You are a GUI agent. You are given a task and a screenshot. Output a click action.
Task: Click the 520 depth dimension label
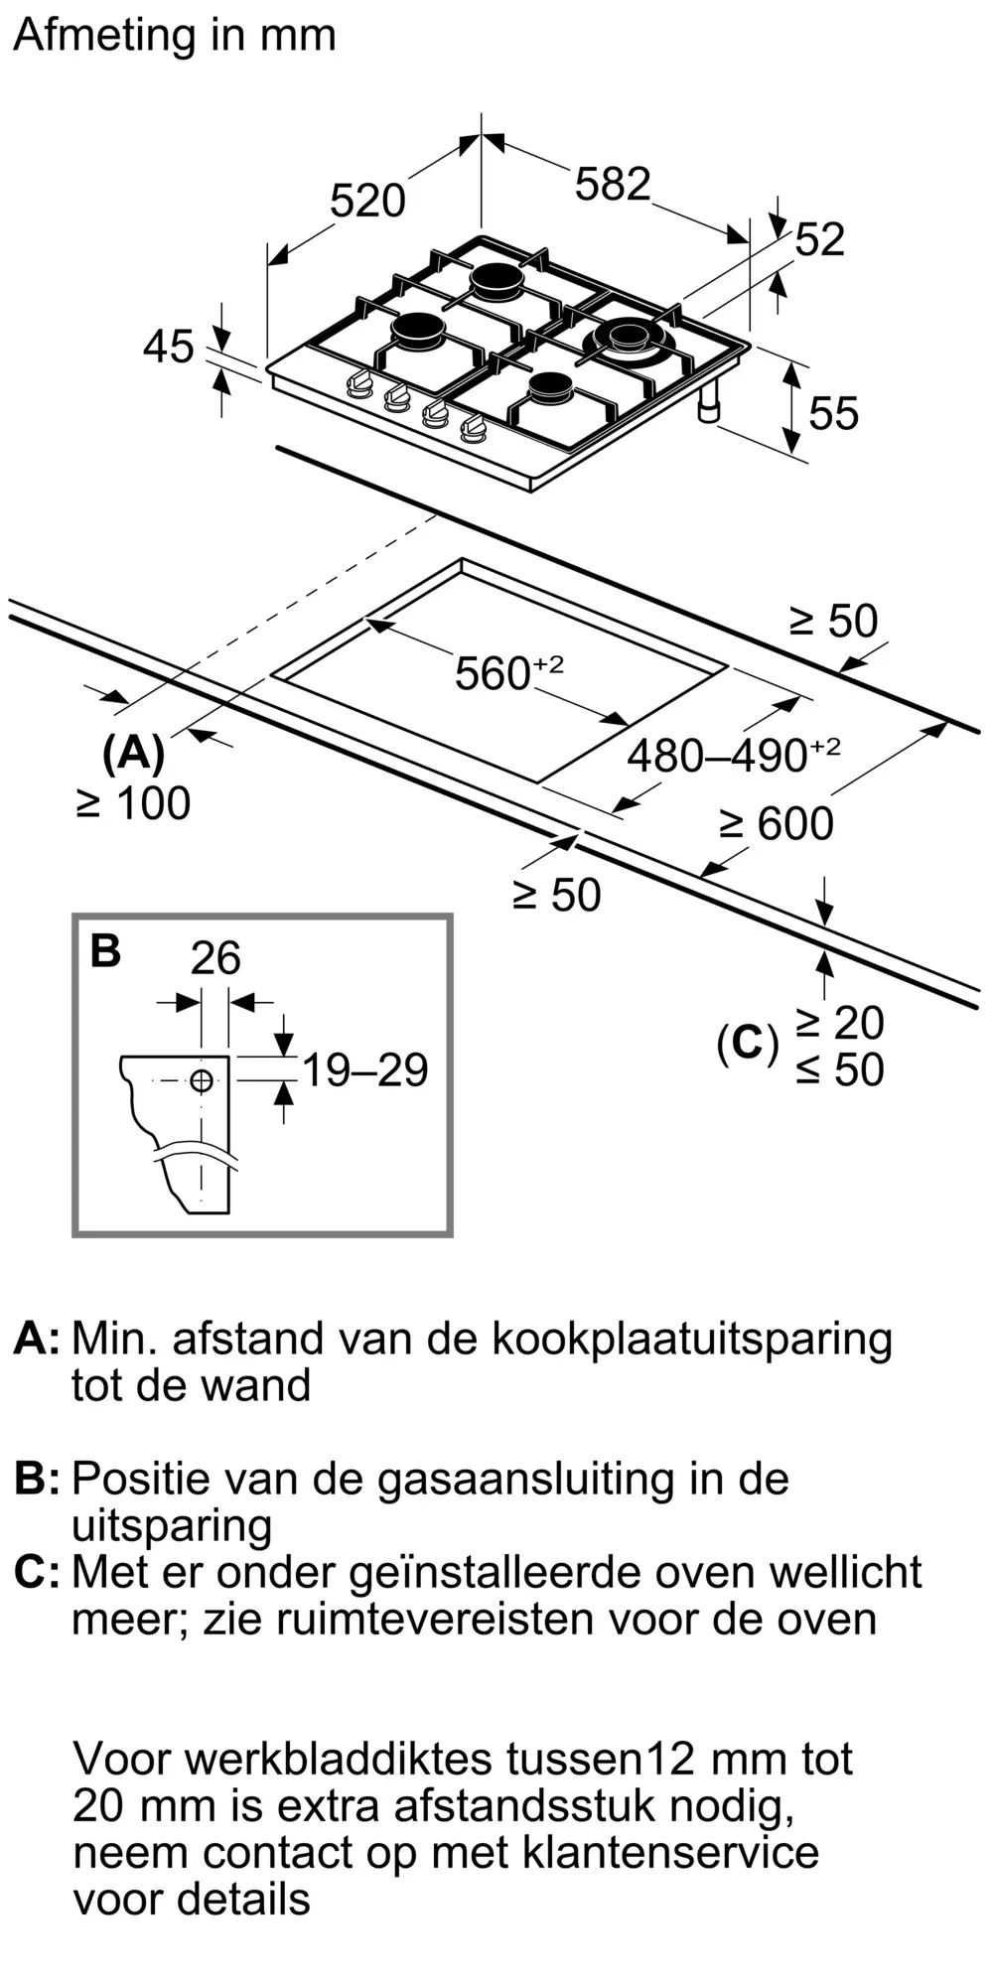tap(367, 202)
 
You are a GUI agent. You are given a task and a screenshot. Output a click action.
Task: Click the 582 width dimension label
tap(613, 185)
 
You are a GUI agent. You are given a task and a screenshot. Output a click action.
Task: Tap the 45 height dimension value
tap(169, 348)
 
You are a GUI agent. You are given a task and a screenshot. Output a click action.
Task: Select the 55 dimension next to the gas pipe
tap(833, 413)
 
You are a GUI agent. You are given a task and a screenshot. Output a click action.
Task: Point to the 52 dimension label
tap(820, 240)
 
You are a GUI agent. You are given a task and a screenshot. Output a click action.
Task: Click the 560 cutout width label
tap(508, 672)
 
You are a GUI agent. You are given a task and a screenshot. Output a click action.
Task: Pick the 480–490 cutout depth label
tap(733, 755)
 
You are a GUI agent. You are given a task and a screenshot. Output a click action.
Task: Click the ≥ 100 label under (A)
tap(133, 803)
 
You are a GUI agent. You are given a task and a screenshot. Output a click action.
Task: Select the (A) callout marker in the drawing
tap(133, 754)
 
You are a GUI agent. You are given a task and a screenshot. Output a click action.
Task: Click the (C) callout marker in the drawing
tap(748, 1043)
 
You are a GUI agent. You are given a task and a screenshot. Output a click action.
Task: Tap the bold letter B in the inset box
tap(105, 950)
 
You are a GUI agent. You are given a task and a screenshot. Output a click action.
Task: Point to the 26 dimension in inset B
tap(215, 958)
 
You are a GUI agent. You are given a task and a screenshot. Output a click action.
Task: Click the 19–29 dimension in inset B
tap(364, 1070)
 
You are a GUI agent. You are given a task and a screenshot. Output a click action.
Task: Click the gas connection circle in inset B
tap(202, 1080)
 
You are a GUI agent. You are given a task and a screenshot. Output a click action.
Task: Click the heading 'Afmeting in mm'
tap(175, 37)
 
